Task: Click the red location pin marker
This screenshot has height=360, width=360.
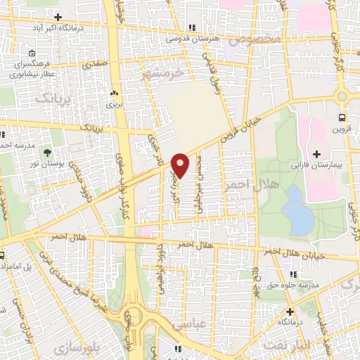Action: pos(181,165)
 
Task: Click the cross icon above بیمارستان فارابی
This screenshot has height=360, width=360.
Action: pos(316,154)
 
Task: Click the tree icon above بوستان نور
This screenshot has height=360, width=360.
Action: pos(48,151)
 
